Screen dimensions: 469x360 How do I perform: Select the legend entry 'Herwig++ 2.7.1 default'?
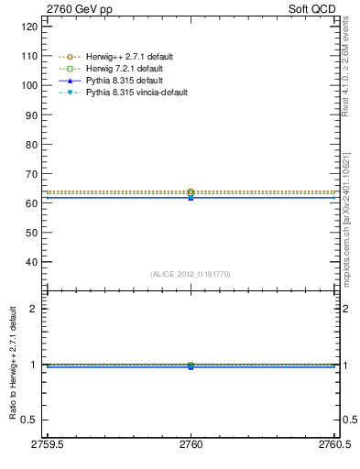coord(128,57)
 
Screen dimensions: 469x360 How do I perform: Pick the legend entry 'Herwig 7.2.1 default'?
coord(125,69)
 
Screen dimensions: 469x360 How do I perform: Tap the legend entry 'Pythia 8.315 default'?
coord(124,81)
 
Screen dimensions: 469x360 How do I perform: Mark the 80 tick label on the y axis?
coord(32,144)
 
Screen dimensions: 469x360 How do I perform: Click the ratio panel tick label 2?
coord(35,309)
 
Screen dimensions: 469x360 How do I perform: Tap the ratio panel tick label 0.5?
coord(31,420)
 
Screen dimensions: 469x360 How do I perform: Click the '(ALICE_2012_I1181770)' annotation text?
coord(191,274)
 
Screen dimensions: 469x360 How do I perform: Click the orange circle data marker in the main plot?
coord(191,192)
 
